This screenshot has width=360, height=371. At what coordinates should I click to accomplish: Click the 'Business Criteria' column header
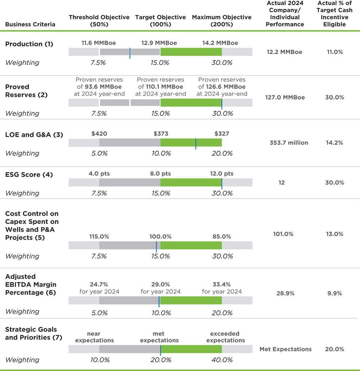[30, 24]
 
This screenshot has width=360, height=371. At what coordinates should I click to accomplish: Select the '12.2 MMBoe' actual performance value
[284, 52]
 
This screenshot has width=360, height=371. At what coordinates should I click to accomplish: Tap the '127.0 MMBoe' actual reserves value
[285, 98]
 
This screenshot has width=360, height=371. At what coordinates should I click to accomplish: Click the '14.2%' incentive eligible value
[334, 143]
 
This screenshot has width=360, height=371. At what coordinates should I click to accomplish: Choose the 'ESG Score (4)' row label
[29, 175]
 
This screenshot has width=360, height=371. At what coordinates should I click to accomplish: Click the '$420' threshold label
[99, 134]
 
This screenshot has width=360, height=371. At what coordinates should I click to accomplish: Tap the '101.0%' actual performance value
[283, 234]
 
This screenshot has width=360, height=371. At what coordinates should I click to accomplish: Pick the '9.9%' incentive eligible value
[334, 293]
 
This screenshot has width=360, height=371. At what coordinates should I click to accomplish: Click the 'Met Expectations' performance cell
[285, 349]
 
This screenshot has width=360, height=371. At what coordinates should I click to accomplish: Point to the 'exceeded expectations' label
[225, 337]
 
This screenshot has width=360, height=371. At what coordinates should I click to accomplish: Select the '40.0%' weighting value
[222, 360]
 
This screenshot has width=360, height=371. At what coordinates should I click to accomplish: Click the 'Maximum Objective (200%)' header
[222, 21]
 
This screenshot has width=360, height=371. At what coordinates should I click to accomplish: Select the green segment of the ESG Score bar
[191, 182]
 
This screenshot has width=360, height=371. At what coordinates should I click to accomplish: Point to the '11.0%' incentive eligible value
[334, 52]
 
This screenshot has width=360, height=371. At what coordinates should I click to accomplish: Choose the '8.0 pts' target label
[160, 174]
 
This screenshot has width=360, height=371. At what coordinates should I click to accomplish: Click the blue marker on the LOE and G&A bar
[196, 143]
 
